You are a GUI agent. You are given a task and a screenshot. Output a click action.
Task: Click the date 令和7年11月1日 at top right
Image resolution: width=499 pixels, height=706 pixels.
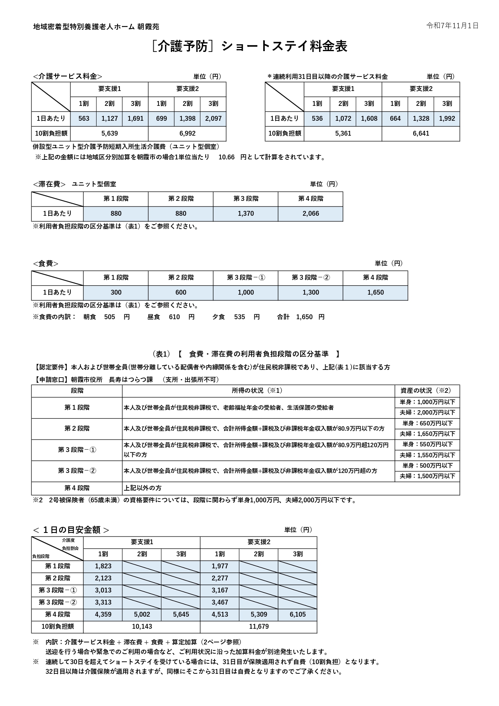click(452, 26)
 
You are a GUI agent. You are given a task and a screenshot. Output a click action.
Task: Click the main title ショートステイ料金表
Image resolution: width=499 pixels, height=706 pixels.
click(284, 46)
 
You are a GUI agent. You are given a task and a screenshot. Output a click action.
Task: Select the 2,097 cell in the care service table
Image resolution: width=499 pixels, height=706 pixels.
click(213, 119)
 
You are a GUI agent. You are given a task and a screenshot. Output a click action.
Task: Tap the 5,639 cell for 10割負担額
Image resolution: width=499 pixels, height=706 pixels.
click(109, 133)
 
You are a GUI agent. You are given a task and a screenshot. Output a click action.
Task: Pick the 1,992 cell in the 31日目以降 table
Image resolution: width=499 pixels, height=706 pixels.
click(447, 119)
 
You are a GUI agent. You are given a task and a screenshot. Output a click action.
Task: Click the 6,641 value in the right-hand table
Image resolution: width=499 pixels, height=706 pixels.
click(421, 133)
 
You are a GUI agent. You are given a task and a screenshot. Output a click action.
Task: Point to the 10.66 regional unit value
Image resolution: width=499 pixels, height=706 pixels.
click(226, 157)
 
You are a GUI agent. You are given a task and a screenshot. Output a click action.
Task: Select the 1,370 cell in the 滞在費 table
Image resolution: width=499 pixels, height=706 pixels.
click(245, 214)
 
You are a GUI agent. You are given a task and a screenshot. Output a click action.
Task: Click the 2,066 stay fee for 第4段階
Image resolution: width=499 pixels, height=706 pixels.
click(310, 214)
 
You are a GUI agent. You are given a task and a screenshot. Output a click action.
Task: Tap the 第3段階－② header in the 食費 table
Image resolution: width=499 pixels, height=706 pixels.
click(310, 278)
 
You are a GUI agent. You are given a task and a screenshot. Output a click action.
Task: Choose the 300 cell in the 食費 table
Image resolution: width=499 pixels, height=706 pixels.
click(116, 293)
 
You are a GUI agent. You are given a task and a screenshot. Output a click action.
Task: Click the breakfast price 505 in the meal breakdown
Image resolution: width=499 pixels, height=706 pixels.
click(109, 317)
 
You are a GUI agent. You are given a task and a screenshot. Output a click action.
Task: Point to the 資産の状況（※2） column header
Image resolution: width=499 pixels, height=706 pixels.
click(427, 391)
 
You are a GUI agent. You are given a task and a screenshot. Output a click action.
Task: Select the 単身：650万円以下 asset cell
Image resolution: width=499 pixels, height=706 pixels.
click(427, 423)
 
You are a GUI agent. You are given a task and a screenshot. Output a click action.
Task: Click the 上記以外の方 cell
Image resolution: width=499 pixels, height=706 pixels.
click(142, 488)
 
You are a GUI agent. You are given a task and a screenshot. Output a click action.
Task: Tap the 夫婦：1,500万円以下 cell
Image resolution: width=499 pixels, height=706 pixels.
click(427, 476)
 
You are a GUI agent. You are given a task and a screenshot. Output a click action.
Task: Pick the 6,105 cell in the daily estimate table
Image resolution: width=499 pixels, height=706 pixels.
click(297, 615)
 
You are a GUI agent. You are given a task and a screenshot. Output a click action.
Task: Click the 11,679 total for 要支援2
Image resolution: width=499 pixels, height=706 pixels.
click(259, 627)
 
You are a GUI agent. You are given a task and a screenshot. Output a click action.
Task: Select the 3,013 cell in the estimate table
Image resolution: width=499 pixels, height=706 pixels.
click(103, 590)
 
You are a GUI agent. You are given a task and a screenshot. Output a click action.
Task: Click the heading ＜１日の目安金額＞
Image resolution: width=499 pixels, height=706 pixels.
click(71, 530)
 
